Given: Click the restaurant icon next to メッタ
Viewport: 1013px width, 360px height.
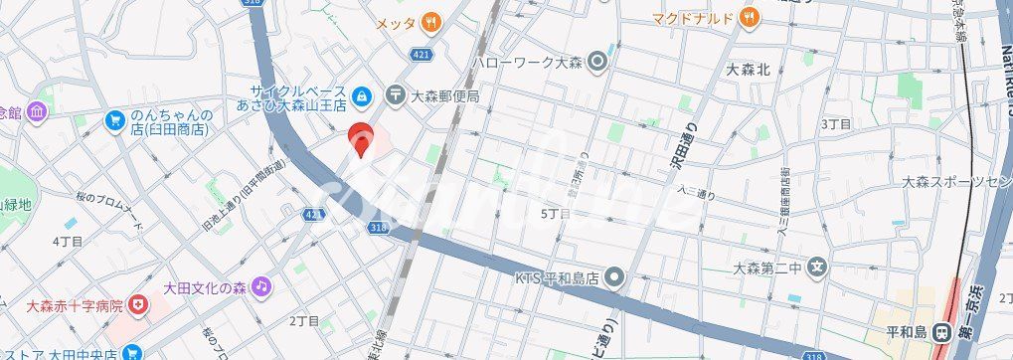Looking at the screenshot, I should click(x=430, y=21).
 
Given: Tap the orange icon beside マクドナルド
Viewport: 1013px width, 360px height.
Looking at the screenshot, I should click(x=751, y=16).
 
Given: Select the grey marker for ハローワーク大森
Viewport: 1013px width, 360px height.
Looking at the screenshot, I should click(x=596, y=63).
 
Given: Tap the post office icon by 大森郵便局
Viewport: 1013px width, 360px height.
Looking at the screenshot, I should click(x=397, y=95).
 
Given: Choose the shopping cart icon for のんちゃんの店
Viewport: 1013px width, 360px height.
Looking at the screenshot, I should click(x=115, y=121).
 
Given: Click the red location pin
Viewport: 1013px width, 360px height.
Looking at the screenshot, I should click(x=361, y=140).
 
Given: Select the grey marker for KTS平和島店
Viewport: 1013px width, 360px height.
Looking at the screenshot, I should click(x=615, y=276).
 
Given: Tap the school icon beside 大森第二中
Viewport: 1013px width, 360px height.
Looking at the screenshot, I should click(x=817, y=267).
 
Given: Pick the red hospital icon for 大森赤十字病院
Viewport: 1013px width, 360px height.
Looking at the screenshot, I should click(x=137, y=305).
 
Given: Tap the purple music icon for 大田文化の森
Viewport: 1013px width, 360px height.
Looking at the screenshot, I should click(x=259, y=286).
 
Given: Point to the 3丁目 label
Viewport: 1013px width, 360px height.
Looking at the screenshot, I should click(x=835, y=124).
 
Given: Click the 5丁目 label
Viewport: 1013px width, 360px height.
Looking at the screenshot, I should click(x=555, y=214).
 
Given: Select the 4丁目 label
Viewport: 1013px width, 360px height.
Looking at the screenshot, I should click(x=67, y=242).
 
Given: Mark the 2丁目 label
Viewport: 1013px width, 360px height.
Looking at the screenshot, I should click(x=303, y=321).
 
